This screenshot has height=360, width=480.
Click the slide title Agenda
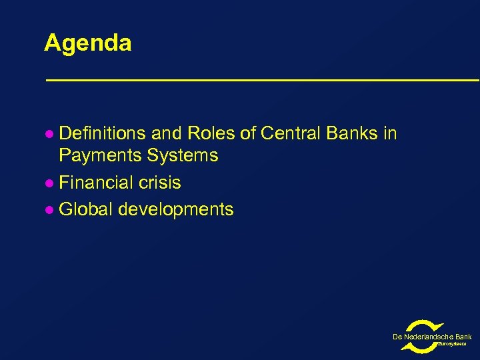tap(87, 43)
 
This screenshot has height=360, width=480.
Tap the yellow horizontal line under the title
tap(261, 80)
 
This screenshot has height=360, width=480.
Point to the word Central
tap(291, 134)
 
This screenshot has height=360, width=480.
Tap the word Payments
tap(99, 156)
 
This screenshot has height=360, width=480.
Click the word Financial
tap(97, 183)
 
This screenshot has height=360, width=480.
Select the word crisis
tap(160, 183)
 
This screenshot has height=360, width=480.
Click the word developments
tap(176, 209)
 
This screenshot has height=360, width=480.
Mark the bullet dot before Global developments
tap(48, 210)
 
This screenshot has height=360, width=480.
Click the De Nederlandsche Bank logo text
tap(432, 337)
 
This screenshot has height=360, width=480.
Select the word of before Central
tap(247, 134)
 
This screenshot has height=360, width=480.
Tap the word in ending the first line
tap(390, 134)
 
